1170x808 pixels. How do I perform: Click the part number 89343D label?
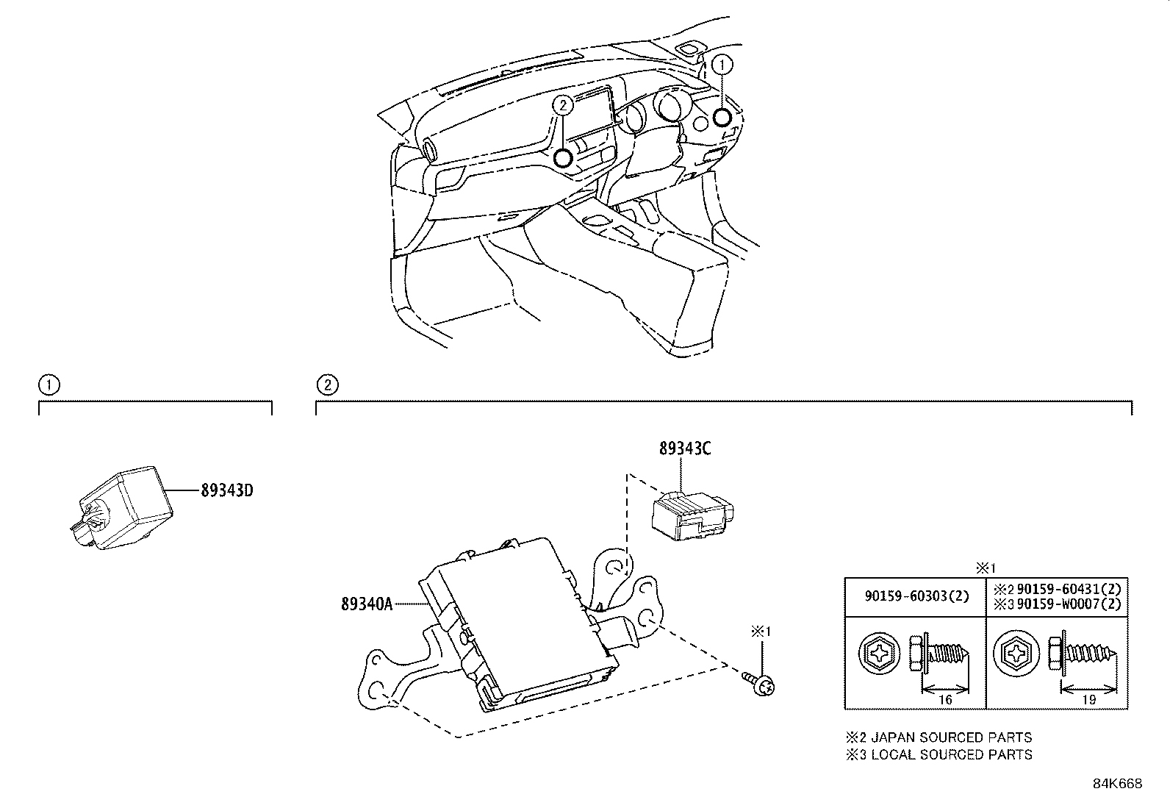pyautogui.click(x=226, y=490)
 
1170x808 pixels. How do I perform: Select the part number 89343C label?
pyautogui.click(x=684, y=448)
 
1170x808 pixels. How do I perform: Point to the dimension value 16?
pyautogui.click(x=945, y=700)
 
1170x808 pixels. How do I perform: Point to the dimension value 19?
pyautogui.click(x=1088, y=700)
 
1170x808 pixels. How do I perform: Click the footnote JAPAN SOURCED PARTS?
pyautogui.click(x=951, y=737)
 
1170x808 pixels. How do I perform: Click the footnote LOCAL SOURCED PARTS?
pyautogui.click(x=951, y=754)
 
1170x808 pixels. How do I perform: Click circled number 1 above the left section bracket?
pyautogui.click(x=49, y=385)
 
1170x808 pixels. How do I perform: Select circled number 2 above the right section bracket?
pyautogui.click(x=327, y=385)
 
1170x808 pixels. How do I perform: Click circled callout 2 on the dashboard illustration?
pyautogui.click(x=563, y=106)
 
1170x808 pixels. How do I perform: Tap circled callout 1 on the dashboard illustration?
pyautogui.click(x=722, y=65)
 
